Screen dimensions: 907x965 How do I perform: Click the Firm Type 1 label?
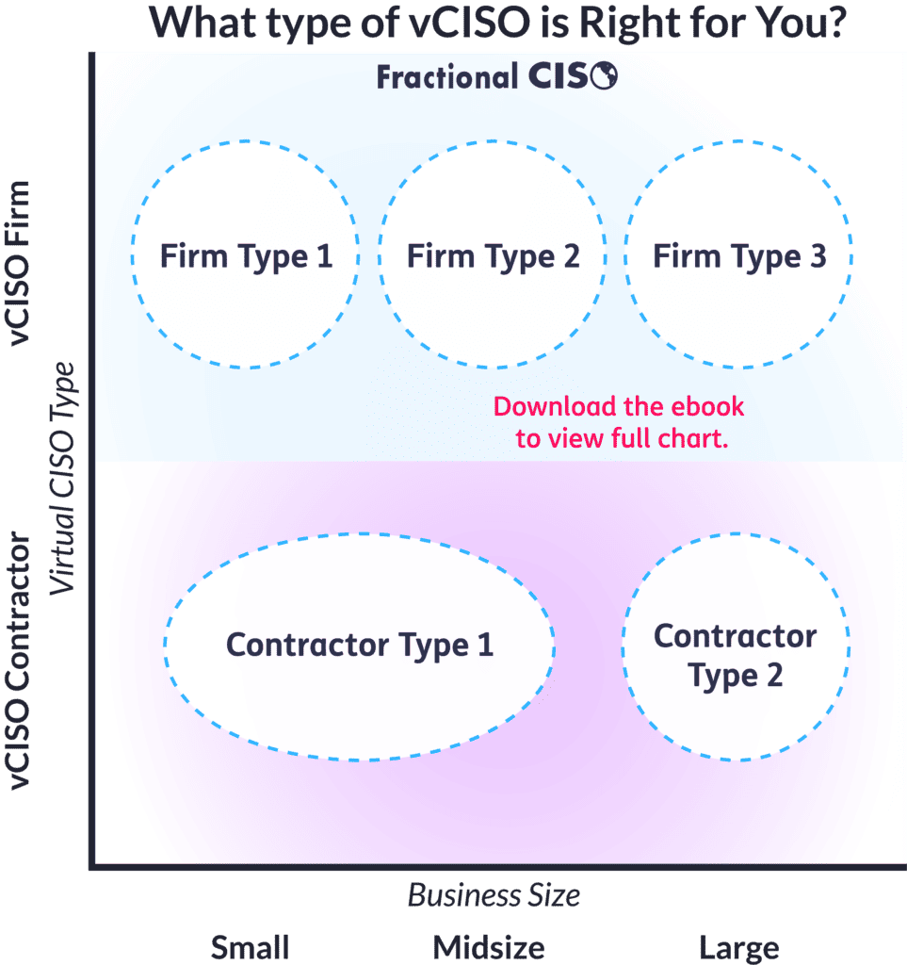(247, 257)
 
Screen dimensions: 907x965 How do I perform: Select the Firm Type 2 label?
(494, 257)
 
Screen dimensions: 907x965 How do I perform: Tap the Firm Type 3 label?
(739, 257)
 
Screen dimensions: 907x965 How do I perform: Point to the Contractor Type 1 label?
(360, 646)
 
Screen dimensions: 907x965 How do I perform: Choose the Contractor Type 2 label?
(736, 656)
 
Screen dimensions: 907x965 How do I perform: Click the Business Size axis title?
(494, 895)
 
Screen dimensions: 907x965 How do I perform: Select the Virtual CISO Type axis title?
(62, 478)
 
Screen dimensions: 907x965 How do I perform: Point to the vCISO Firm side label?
(19, 263)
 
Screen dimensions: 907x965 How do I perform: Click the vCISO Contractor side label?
(19, 661)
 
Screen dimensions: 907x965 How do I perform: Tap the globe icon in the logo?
(604, 75)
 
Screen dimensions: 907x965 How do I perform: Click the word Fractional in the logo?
(447, 77)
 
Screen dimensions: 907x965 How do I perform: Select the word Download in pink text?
(555, 407)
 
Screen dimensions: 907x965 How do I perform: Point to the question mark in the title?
(835, 23)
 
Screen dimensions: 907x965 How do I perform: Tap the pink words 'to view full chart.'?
(622, 439)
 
